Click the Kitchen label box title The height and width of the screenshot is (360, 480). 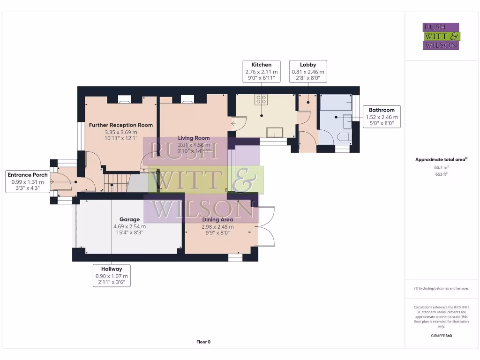pos(261,65)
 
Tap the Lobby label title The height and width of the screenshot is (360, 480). pos(308,65)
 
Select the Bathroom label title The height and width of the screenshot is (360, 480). pos(382,110)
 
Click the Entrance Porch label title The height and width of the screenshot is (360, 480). pos(28,175)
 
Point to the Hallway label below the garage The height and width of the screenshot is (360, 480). pos(111,269)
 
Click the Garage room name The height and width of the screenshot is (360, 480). pos(129,219)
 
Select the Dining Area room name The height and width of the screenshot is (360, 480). pos(217,219)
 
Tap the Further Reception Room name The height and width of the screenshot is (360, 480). pos(121,125)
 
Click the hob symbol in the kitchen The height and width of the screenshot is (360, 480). pos(261,99)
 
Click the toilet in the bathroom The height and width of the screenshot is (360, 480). pos(343,137)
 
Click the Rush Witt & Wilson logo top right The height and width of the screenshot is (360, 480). pos(441,37)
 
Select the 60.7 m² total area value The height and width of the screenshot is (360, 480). pos(441,167)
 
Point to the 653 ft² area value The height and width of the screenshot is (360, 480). pos(441,174)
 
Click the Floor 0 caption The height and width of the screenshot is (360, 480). pos(203,342)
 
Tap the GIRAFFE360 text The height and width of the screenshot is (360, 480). pos(441,336)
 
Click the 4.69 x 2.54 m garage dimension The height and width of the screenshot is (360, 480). pos(129,226)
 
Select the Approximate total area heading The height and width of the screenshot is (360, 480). pos(441,160)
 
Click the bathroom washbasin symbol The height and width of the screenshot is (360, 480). pos(347,121)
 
